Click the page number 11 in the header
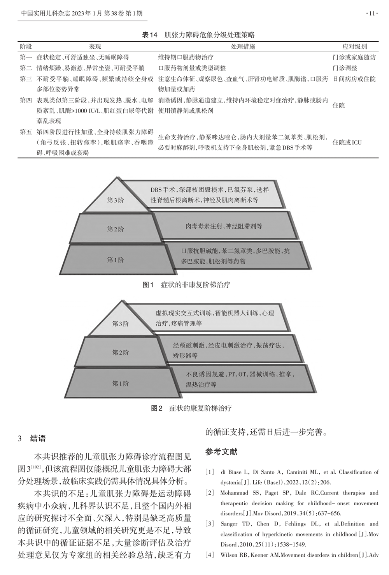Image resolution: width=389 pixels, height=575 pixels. pos(372,14)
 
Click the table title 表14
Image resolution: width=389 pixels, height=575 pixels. pos(150,35)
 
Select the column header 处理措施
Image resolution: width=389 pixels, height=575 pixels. pos(243,47)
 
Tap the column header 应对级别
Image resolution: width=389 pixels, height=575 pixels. pos(355,47)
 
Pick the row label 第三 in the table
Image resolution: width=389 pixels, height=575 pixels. pos(26,79)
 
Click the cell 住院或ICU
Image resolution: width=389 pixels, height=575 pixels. pos(347,143)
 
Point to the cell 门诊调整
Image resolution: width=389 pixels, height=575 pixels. pos(345,68)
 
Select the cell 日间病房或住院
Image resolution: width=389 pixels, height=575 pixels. pos(354,79)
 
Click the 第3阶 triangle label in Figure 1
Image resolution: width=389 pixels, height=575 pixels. pos(115,200)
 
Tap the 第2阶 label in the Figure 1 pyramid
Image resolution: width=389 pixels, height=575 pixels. pos(115,229)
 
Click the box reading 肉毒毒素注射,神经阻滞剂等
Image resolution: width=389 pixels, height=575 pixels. pos(224,226)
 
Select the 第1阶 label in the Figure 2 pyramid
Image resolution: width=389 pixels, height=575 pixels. pos(121,383)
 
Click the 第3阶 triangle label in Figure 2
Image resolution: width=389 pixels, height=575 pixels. pos(121,324)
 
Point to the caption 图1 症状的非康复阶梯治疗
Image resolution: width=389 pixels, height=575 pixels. pos(186,285)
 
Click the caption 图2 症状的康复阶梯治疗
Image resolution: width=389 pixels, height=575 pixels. pos(191,408)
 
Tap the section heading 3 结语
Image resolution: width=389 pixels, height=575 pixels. pos(32,438)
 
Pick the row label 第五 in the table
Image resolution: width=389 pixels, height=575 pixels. pos(26,132)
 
